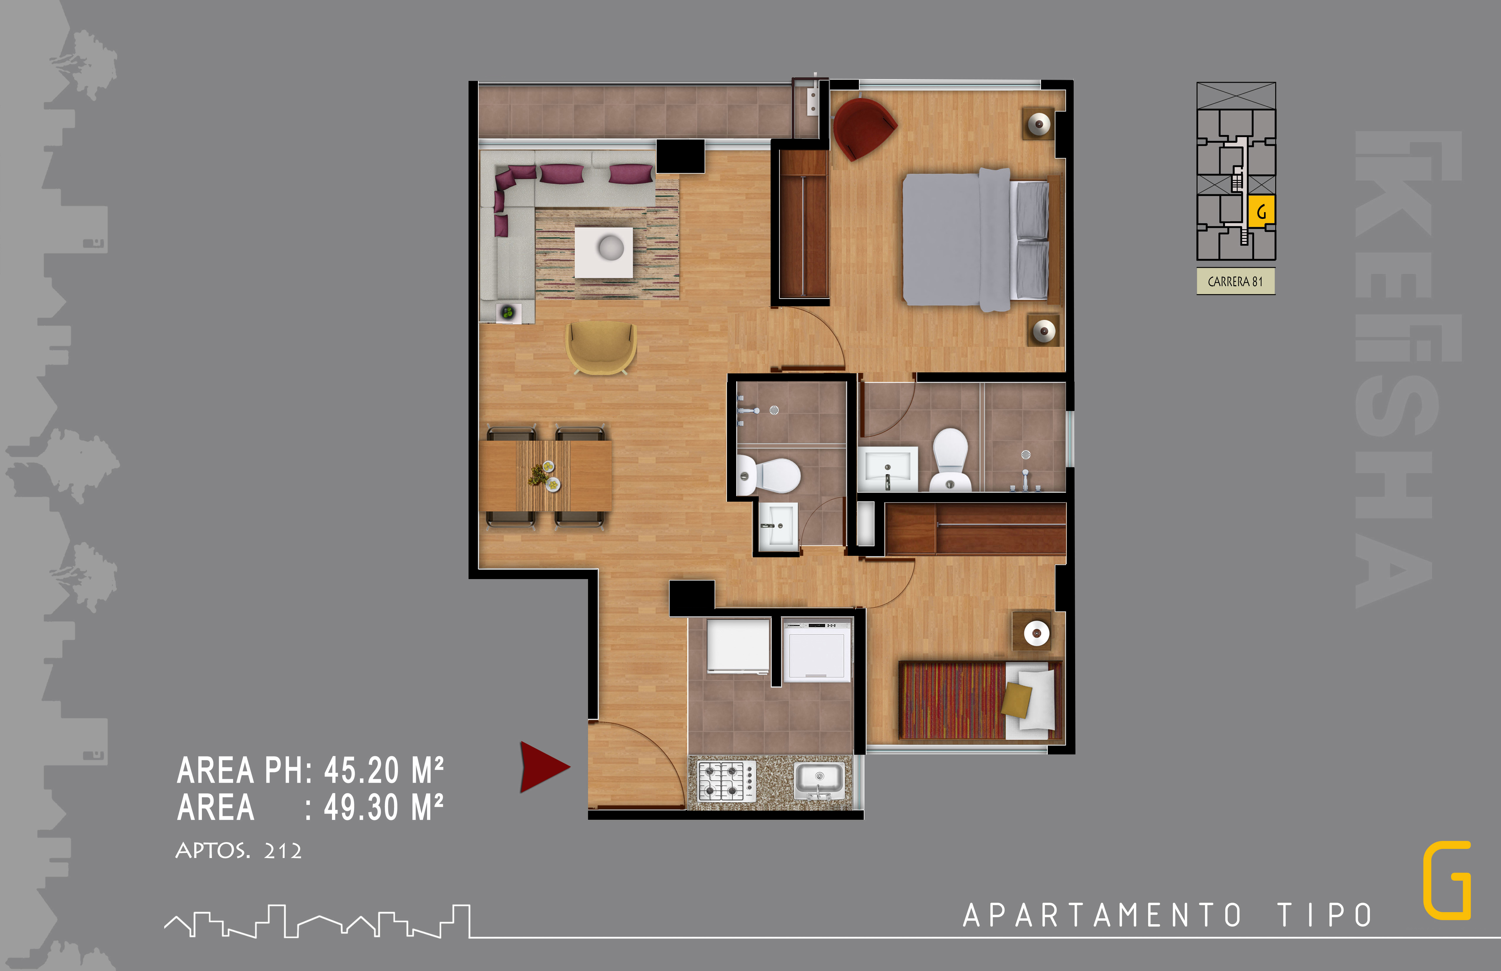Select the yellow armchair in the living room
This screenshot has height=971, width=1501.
pos(601,348)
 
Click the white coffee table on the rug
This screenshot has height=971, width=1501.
pos(604,252)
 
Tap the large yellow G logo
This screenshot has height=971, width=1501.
pos(1447,880)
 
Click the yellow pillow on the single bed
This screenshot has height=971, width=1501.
pos(1016,699)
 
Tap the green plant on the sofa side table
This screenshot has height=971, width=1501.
pos(508,312)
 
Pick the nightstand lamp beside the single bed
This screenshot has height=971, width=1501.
pos(1036,632)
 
